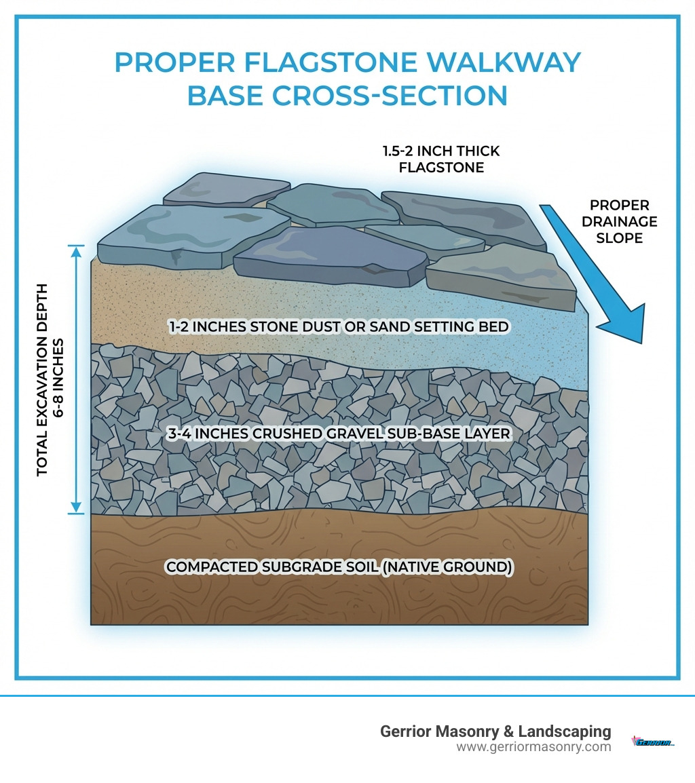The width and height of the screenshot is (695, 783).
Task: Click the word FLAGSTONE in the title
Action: [324, 62]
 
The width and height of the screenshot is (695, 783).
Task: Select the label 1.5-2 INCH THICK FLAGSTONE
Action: [441, 159]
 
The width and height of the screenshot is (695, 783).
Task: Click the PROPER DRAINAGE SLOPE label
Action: [619, 221]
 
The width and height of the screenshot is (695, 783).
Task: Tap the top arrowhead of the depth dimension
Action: [76, 251]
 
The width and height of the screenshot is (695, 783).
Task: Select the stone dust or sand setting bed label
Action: [338, 327]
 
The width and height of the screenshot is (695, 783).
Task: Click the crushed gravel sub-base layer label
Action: [338, 432]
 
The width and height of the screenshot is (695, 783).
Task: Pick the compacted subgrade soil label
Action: [338, 567]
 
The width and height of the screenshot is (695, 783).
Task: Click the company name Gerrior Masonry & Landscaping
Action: [495, 731]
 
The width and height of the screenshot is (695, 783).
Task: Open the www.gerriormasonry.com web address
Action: [533, 747]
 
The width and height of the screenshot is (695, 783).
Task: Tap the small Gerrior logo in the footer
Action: [653, 742]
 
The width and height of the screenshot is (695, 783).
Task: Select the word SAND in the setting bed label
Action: [386, 327]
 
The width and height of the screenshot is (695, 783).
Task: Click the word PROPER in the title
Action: [174, 62]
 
